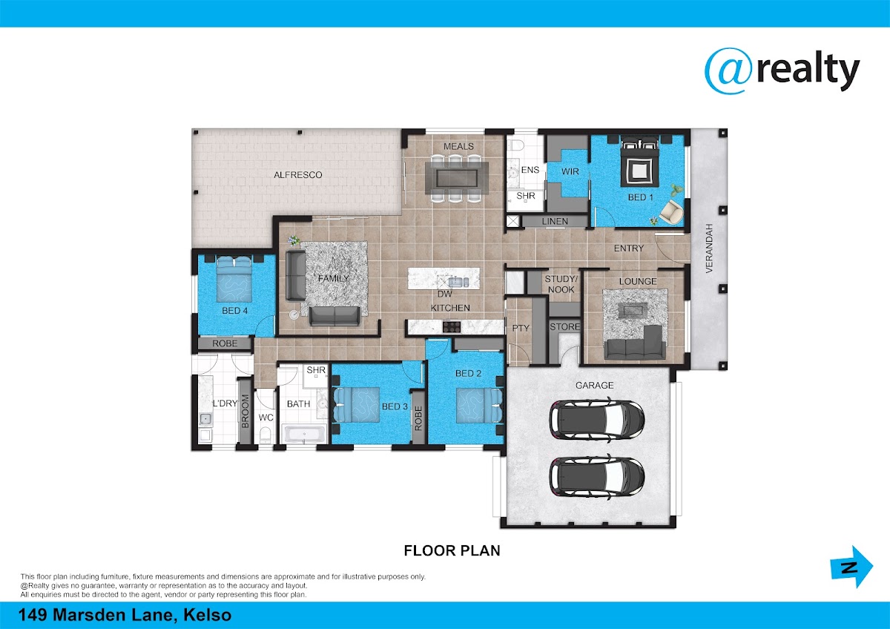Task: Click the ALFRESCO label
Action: tap(297, 175)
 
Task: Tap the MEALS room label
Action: tap(458, 146)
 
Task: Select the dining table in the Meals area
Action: tap(457, 178)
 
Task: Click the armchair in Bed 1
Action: tap(671, 211)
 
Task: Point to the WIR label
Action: tap(570, 171)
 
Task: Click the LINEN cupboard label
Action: tap(555, 221)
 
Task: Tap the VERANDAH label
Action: tap(709, 248)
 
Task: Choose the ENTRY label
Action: tap(629, 248)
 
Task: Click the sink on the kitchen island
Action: tap(458, 282)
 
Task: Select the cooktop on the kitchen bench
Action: tap(452, 327)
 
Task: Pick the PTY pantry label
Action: tap(521, 328)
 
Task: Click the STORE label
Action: tap(564, 326)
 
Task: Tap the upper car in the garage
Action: tap(597, 419)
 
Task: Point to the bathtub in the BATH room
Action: tap(304, 433)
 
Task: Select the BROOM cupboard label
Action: tap(245, 411)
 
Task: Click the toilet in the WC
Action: tap(265, 435)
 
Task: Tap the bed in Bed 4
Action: tap(234, 280)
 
